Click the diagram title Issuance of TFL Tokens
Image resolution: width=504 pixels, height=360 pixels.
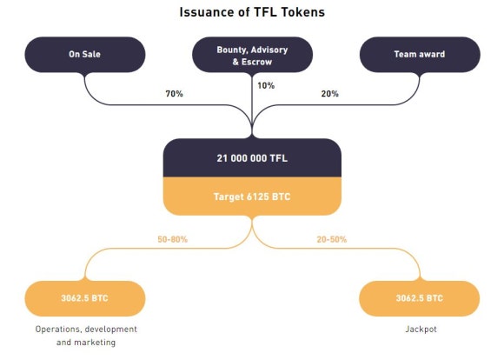[252, 12]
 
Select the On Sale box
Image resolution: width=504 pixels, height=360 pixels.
[85, 55]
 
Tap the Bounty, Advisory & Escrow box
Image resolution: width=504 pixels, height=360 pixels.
[252, 55]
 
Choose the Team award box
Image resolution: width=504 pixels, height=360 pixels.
[420, 55]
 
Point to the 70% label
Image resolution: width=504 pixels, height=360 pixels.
[174, 94]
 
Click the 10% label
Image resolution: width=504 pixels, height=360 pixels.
[266, 85]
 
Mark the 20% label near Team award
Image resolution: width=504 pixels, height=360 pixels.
[330, 94]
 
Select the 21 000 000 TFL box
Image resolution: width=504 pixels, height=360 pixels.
[252, 158]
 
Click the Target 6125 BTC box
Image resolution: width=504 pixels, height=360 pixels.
[252, 197]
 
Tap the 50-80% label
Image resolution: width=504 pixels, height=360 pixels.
[172, 239]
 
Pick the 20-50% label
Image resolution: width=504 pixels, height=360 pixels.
[332, 239]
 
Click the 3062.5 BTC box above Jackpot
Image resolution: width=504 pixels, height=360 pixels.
[420, 298]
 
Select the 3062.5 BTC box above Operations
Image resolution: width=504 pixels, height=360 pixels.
[85, 298]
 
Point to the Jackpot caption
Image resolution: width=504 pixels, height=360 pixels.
[421, 329]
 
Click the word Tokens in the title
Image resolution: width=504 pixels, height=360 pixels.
[303, 12]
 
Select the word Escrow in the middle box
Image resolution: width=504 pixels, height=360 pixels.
[256, 62]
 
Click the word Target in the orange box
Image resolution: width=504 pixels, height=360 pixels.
[229, 197]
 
